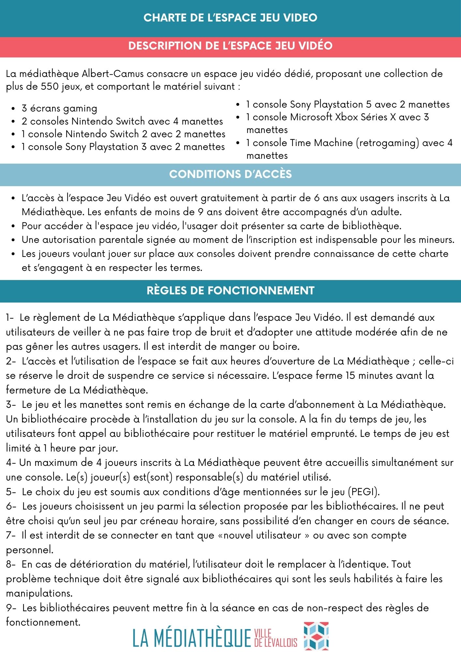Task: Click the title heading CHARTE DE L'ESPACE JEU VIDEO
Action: (230, 18)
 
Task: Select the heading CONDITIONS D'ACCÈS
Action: (230, 174)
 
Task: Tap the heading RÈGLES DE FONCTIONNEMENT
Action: (230, 290)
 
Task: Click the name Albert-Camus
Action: (112, 74)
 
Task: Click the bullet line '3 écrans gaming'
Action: (59, 109)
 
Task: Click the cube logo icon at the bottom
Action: (316, 636)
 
